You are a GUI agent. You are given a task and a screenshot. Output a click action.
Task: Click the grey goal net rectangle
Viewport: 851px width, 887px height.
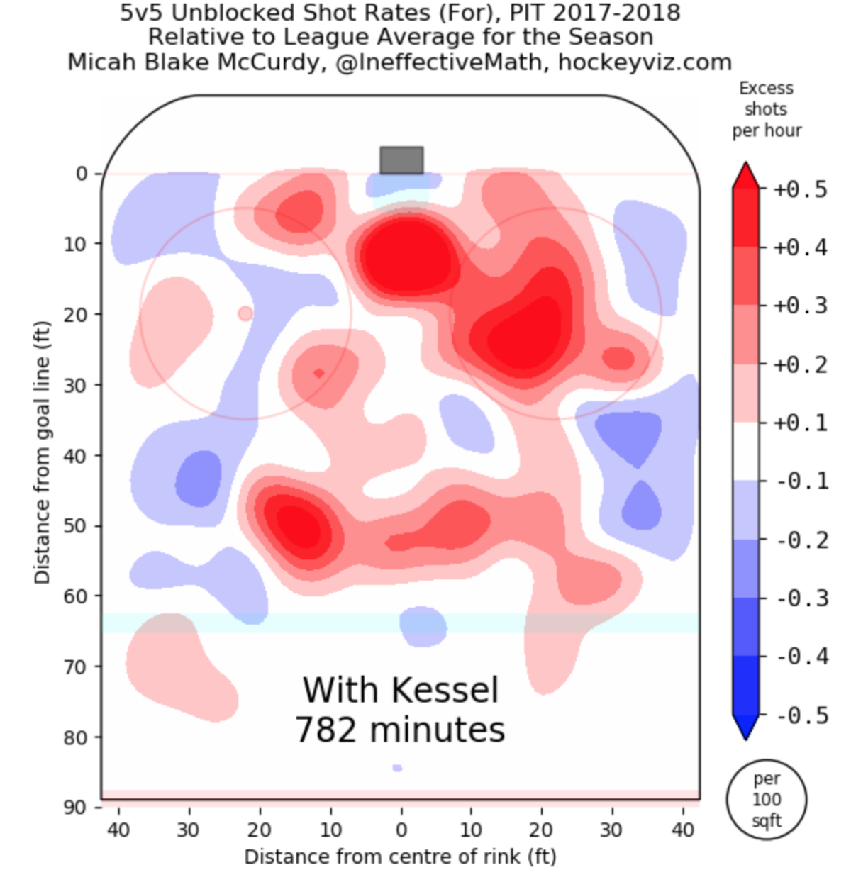click(401, 160)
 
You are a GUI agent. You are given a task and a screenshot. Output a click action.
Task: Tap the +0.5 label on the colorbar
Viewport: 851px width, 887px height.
click(800, 190)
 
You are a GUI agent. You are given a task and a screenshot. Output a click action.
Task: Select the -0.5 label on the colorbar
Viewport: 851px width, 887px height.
click(801, 715)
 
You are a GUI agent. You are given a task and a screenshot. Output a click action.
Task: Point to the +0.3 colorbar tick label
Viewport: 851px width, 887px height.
click(800, 306)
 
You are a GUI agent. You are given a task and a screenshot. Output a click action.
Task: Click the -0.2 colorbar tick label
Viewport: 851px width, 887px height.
click(801, 540)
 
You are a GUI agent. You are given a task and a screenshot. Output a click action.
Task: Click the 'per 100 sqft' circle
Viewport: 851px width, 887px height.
click(767, 800)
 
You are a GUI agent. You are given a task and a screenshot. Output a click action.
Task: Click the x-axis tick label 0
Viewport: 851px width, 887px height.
click(401, 830)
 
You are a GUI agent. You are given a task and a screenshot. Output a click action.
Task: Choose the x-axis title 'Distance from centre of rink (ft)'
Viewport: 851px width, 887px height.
click(400, 857)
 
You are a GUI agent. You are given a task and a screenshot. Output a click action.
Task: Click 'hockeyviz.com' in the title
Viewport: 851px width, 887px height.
click(645, 62)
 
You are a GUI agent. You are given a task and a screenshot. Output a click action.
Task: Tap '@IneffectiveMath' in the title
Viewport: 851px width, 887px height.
click(438, 62)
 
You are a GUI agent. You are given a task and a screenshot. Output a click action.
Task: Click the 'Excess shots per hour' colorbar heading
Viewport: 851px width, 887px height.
click(767, 109)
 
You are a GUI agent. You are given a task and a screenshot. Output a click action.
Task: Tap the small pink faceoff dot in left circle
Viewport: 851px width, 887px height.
click(245, 313)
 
